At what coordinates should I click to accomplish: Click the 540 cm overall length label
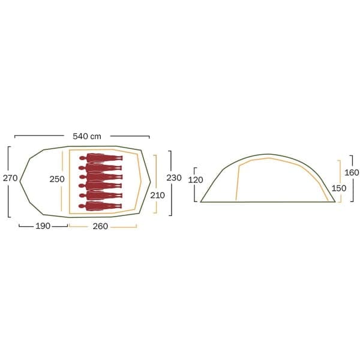87,136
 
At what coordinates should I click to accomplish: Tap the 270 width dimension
10,178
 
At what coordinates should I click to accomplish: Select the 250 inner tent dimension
57,179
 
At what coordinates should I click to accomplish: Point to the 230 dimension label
174,178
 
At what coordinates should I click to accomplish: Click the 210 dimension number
157,196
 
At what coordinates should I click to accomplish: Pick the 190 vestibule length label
43,226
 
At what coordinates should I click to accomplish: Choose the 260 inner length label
100,226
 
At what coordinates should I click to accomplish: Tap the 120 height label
196,180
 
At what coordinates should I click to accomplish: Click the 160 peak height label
352,173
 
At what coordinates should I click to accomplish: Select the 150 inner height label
339,188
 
